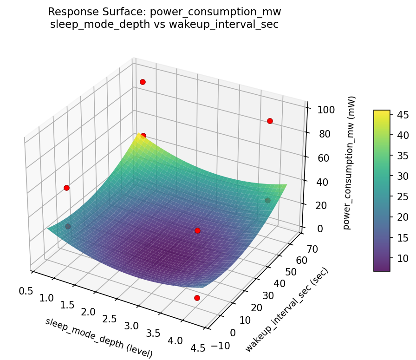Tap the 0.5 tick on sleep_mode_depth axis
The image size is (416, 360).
[x=26, y=291]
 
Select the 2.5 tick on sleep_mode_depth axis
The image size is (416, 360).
[x=110, y=319]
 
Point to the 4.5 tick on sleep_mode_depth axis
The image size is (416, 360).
[x=197, y=349]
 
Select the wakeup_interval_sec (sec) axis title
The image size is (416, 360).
[x=287, y=309]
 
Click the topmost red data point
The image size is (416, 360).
[x=143, y=82]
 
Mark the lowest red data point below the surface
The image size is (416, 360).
[x=197, y=298]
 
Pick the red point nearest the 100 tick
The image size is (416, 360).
[x=270, y=121]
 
